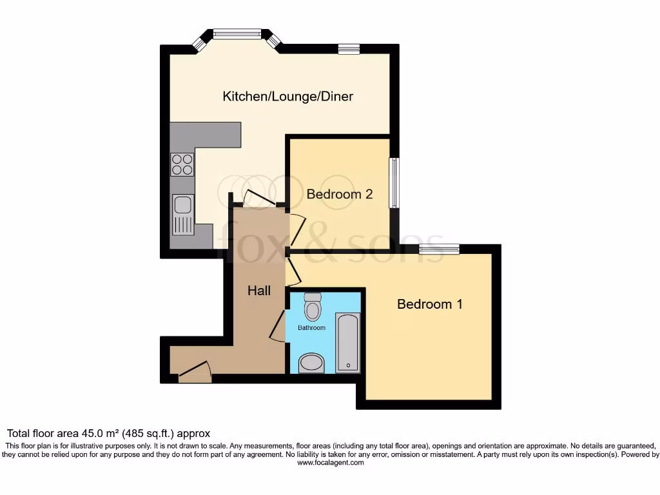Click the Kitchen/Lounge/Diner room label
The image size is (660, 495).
(287, 97)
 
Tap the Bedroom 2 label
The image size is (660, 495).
(340, 194)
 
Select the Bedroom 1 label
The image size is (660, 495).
(429, 304)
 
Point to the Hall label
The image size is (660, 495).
(259, 291)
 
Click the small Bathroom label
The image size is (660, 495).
(311, 328)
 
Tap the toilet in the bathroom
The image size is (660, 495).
(313, 307)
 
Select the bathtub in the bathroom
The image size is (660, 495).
(348, 343)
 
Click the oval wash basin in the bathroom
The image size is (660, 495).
(313, 362)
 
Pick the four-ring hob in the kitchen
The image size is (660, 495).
(182, 165)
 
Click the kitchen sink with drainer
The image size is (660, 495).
(183, 213)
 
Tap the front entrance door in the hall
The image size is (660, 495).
(195, 372)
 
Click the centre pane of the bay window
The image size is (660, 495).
(237, 34)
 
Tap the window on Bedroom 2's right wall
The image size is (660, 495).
(393, 183)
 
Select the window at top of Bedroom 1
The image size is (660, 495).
(439, 249)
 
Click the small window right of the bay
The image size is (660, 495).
(349, 49)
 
